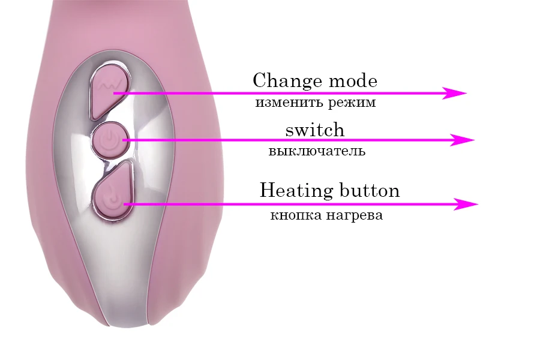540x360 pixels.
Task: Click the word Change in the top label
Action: [x=287, y=81]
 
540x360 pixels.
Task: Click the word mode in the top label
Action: [x=353, y=82]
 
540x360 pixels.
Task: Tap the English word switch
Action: [x=315, y=130]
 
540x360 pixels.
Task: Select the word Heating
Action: [x=296, y=191]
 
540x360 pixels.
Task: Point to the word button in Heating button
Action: [x=370, y=191]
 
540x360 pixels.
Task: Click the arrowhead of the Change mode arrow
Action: [x=454, y=93]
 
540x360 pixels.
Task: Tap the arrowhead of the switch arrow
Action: [x=463, y=140]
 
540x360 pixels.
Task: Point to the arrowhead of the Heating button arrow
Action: [x=466, y=204]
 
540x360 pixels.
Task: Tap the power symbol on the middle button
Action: [x=110, y=140]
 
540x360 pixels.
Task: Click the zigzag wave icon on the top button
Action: [x=110, y=85]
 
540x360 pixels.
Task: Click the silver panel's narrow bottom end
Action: [x=128, y=323]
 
